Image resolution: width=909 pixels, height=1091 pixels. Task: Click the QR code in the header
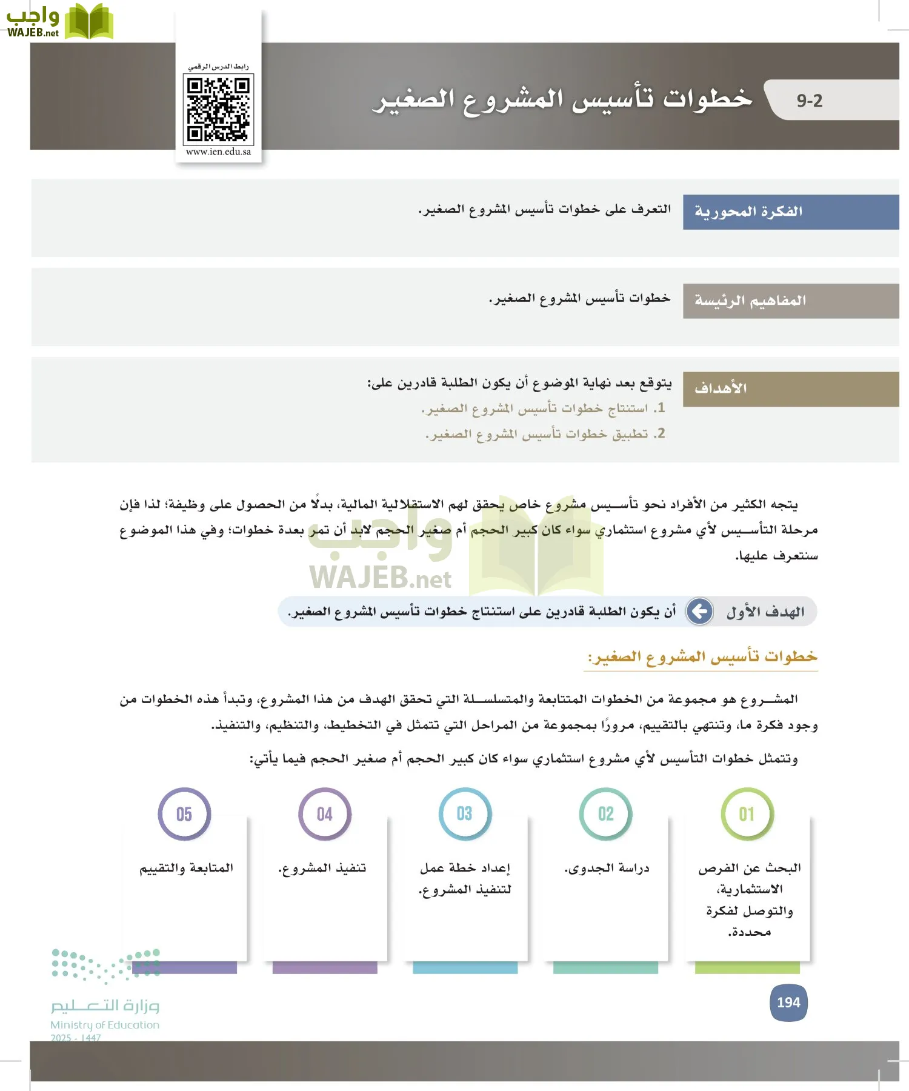218,109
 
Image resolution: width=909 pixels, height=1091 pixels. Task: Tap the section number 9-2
809,101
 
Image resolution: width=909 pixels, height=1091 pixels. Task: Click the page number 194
788,1003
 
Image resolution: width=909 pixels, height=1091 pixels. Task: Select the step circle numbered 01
747,814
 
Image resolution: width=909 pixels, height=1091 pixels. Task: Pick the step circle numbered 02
605,814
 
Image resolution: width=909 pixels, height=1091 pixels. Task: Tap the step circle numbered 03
465,814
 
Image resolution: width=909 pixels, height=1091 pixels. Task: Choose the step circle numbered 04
324,814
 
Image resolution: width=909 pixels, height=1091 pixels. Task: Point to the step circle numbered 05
184,814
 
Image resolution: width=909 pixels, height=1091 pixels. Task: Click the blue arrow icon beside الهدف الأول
700,611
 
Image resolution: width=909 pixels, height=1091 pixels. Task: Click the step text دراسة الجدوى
607,869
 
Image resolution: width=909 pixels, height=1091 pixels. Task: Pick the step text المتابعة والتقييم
186,869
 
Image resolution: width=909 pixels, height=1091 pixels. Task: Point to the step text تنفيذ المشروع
322,869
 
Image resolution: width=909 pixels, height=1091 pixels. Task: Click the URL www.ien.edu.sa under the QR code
218,152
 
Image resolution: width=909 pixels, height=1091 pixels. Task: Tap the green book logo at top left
88,22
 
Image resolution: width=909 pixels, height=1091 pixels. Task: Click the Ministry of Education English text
105,1025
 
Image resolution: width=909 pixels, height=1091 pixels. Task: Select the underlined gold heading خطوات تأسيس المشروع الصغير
702,657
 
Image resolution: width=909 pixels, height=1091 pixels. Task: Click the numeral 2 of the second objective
661,433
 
